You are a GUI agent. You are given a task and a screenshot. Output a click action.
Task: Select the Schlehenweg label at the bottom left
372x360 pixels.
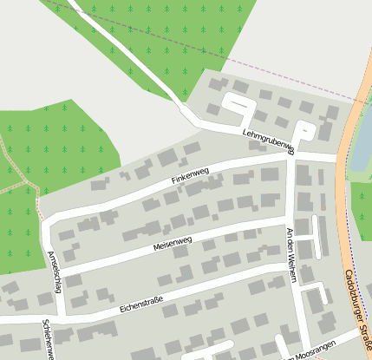[49, 338]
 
